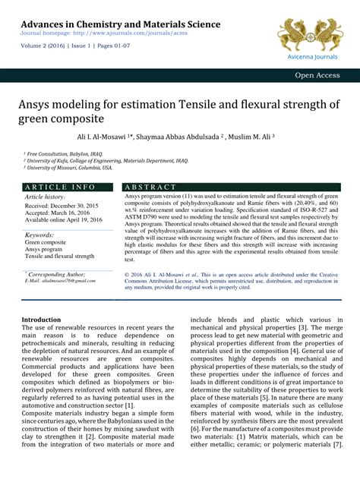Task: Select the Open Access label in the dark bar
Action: point(319,76)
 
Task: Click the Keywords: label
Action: point(39,235)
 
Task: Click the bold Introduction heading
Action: point(41,320)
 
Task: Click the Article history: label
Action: point(46,197)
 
